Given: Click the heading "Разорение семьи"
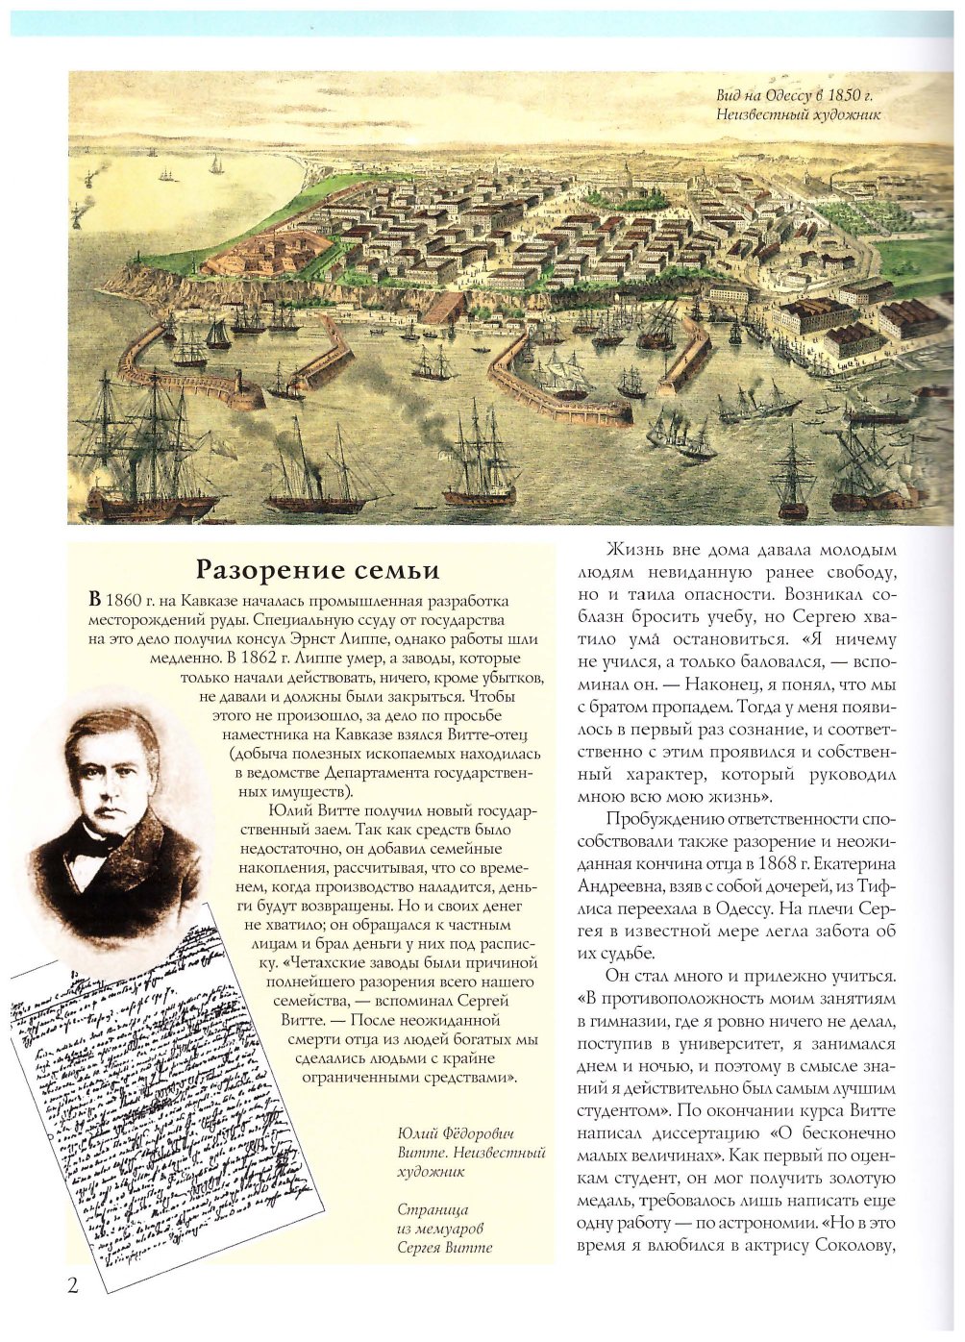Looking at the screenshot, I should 317,570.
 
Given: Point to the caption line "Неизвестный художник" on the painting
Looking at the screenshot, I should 799,115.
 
